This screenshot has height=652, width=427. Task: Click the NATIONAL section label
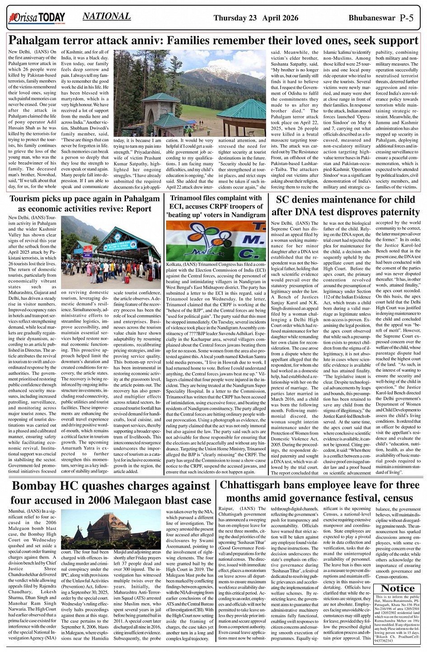pyautogui.click(x=107, y=17)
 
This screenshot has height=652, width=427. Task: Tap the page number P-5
pyautogui.click(x=406, y=18)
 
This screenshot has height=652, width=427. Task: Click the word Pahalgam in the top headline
pyautogui.click(x=38, y=41)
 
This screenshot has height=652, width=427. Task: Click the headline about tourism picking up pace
pyautogui.click(x=84, y=203)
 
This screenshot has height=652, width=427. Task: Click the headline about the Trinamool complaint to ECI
pyautogui.click(x=216, y=206)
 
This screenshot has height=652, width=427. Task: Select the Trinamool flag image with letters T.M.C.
pyautogui.click(x=216, y=241)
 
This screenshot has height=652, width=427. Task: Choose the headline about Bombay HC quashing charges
pyautogui.click(x=111, y=492)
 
